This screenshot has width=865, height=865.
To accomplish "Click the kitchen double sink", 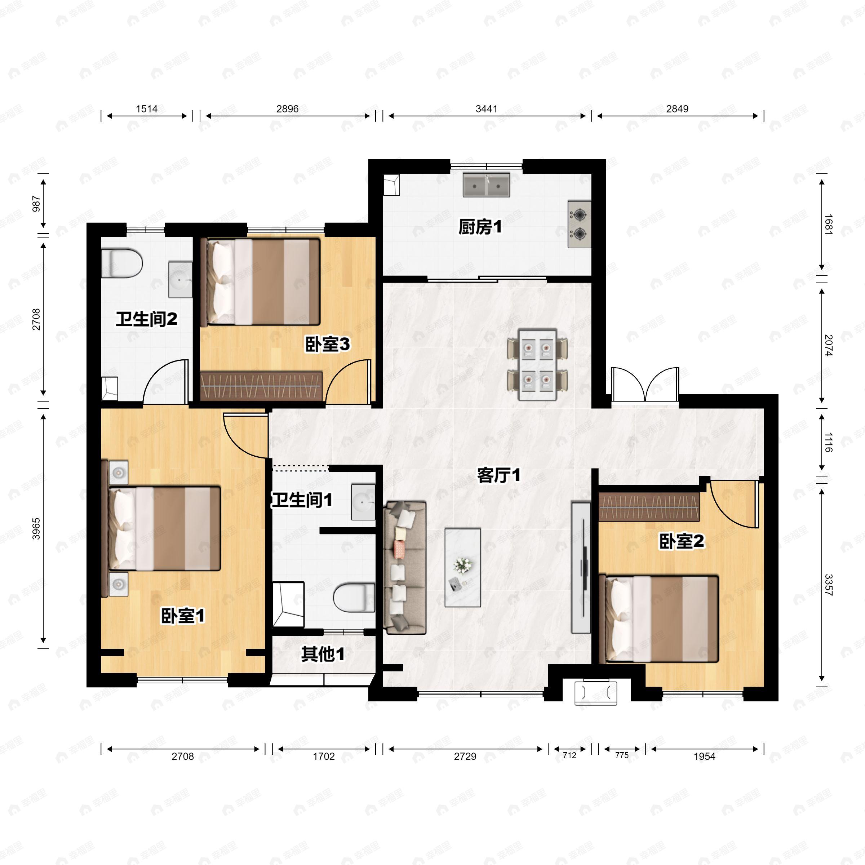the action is coord(486,185).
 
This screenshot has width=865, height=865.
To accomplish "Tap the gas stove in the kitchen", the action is coord(579,224).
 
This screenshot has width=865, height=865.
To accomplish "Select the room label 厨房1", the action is coord(480,227).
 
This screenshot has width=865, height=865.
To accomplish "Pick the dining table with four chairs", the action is coord(537,364).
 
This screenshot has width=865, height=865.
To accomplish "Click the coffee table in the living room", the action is coord(462,567).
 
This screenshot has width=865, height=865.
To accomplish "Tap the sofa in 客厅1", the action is coord(405,568).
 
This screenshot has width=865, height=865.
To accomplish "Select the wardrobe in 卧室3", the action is coord(261,386).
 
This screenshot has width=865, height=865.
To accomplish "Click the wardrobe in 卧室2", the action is coord(649,507).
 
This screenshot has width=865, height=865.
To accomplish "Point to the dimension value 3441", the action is coord(486,109).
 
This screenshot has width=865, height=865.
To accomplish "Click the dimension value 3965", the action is coord(36,529).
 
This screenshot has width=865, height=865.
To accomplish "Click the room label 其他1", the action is coord(323,654).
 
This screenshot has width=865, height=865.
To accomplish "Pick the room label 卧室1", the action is coord(183,616).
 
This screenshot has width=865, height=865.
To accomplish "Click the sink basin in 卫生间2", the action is coord(180,280).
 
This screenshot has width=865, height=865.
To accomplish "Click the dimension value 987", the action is coord(36,204).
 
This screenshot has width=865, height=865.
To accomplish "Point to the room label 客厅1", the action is coord(499,475).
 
